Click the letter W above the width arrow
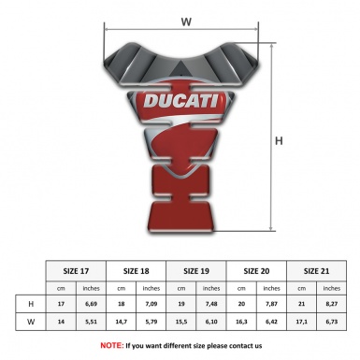coord(186,21)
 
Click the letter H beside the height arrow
coord(279,142)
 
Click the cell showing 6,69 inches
coord(92,304)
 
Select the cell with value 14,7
coord(122,322)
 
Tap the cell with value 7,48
coord(212,304)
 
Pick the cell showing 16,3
coord(242,322)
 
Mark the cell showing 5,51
coord(92,322)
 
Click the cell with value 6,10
coord(212,322)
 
